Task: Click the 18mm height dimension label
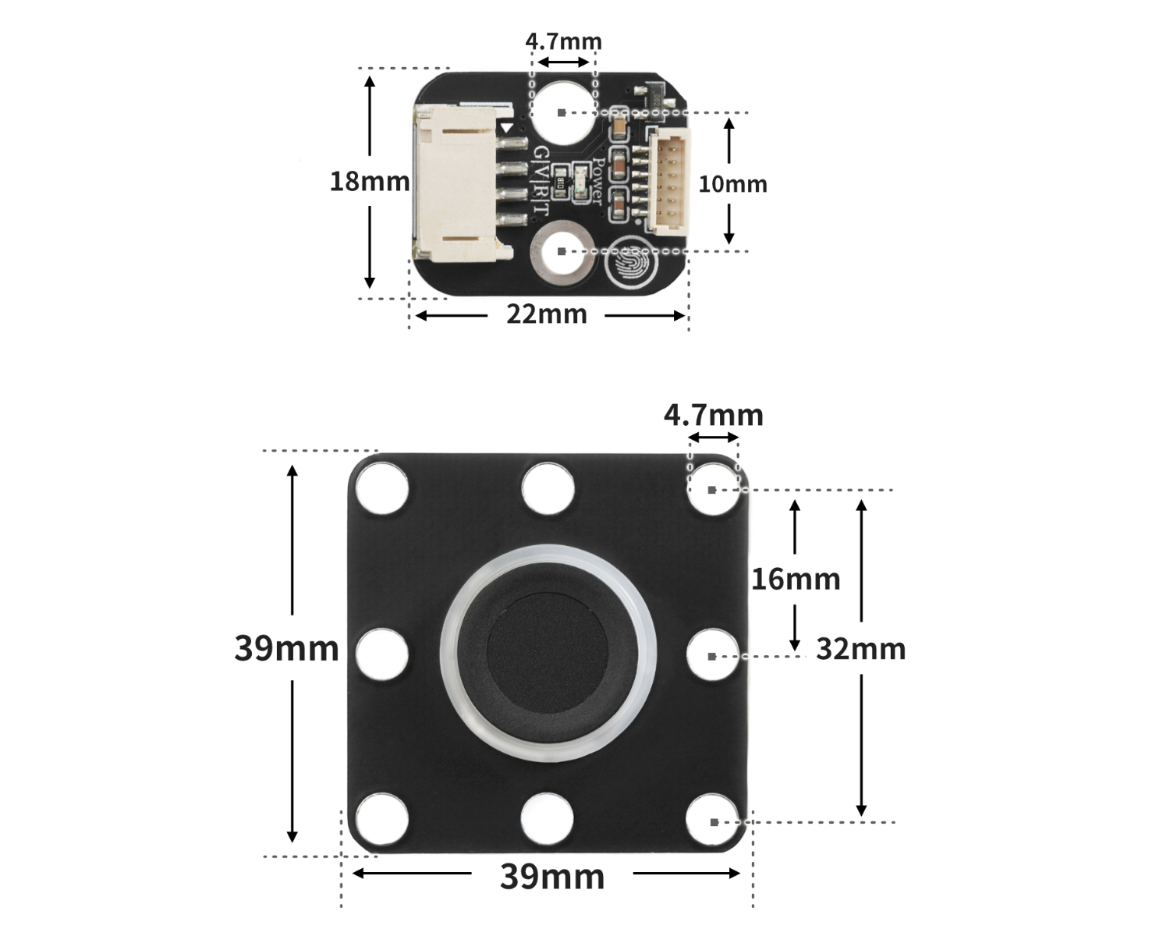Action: click(x=369, y=182)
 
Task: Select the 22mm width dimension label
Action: click(x=546, y=314)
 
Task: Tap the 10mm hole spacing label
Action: click(x=732, y=184)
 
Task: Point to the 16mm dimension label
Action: click(x=796, y=579)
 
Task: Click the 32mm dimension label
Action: click(x=860, y=649)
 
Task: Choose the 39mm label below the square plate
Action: click(x=552, y=877)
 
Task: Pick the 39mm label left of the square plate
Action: click(x=286, y=648)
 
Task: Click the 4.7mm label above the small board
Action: click(x=563, y=41)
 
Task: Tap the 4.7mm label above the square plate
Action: click(x=713, y=415)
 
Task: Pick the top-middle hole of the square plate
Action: click(x=548, y=489)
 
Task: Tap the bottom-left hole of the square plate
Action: click(x=382, y=821)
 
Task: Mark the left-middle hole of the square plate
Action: click(x=382, y=654)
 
